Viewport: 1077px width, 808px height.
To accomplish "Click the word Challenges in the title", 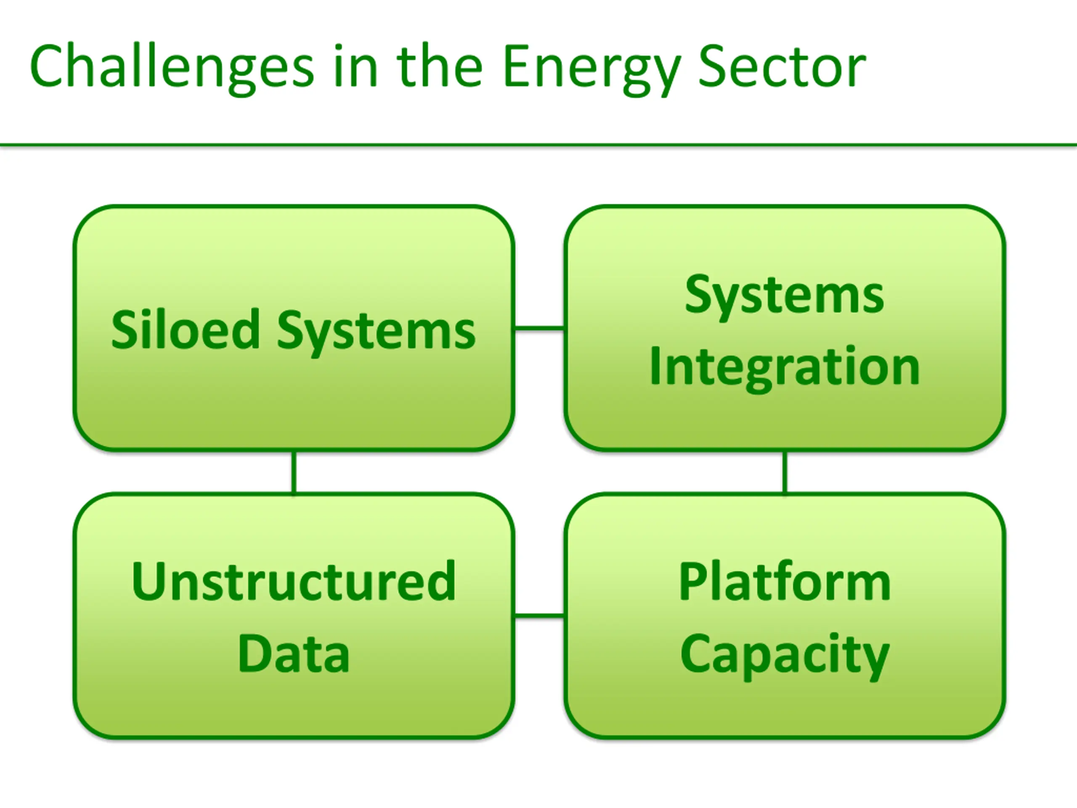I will pyautogui.click(x=171, y=67).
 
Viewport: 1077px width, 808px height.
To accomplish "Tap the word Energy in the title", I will pyautogui.click(x=591, y=67).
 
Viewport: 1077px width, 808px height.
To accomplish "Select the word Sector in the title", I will pyautogui.click(x=782, y=67).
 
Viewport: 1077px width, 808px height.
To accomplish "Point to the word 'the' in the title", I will pyautogui.click(x=439, y=67).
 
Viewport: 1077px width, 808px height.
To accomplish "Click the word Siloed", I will pyautogui.click(x=186, y=330).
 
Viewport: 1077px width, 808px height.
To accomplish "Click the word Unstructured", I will pyautogui.click(x=294, y=582).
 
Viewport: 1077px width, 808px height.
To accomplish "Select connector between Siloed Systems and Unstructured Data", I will pyautogui.click(x=294, y=473).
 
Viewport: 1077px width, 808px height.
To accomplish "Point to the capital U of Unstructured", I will pyautogui.click(x=148, y=582).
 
